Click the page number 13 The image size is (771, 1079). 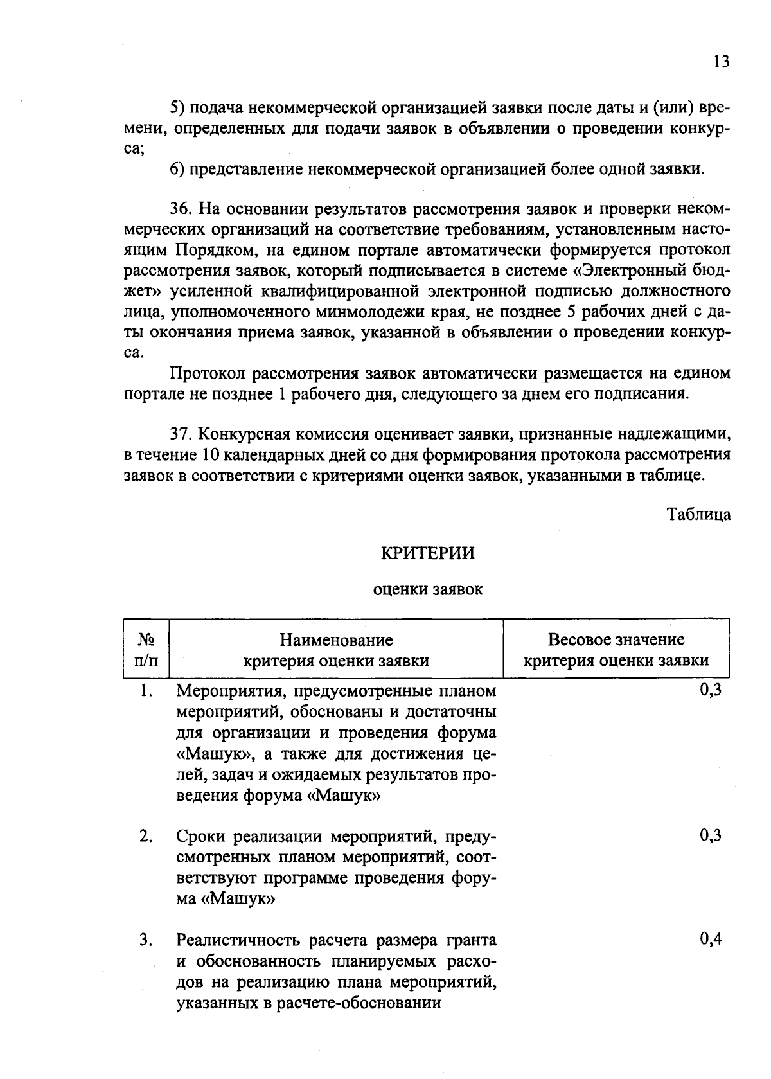pos(722,62)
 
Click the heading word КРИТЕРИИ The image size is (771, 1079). pos(428,553)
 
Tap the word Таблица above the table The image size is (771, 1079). pos(698,514)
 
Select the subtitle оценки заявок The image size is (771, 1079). pos(428,589)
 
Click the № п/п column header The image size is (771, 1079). pos(146,650)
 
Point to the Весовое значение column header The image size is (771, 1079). pos(616,639)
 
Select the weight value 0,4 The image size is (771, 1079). pos(711,939)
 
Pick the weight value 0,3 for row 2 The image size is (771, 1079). pos(711,835)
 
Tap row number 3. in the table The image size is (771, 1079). pos(146,940)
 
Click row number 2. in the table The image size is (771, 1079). pos(146,836)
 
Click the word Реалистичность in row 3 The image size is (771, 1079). pos(238,940)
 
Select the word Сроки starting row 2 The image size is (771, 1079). pos(201,836)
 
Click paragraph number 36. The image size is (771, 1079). pos(181,209)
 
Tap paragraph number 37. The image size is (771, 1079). pos(181,435)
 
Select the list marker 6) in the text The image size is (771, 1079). pos(177,169)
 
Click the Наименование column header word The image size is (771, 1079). pos(336,640)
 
